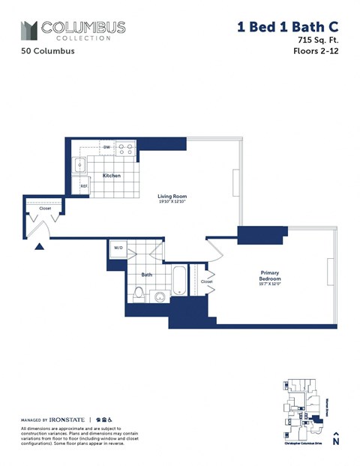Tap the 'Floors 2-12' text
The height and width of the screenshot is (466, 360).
pos(315,52)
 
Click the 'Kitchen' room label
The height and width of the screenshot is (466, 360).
pos(112,176)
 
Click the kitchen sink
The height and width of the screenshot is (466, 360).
pos(80,164)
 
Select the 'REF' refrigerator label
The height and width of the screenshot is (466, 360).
pos(84,186)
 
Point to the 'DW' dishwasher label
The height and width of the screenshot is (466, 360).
pos(107,147)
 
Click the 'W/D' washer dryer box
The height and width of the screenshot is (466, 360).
pos(118,248)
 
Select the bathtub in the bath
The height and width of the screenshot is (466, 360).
pos(180,281)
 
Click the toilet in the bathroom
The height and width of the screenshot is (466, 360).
pos(138,295)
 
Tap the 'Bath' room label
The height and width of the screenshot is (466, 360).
pos(147,275)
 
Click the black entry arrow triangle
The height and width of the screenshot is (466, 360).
pos(40,245)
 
